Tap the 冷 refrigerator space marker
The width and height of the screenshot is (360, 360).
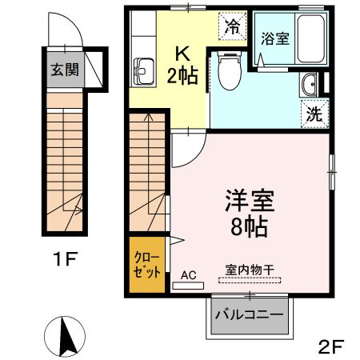[x=233, y=26]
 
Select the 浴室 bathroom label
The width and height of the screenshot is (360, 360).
[x=275, y=38]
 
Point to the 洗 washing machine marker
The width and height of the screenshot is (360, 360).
[x=314, y=113]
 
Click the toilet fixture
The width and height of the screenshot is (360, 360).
[x=227, y=76]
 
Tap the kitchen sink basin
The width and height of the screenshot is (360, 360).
[x=145, y=71]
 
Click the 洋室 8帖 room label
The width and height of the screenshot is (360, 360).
[x=246, y=210]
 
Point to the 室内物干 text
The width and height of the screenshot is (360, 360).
[x=250, y=270]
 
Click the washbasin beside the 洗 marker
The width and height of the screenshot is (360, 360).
[x=310, y=84]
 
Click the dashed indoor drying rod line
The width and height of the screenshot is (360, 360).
[x=249, y=282]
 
